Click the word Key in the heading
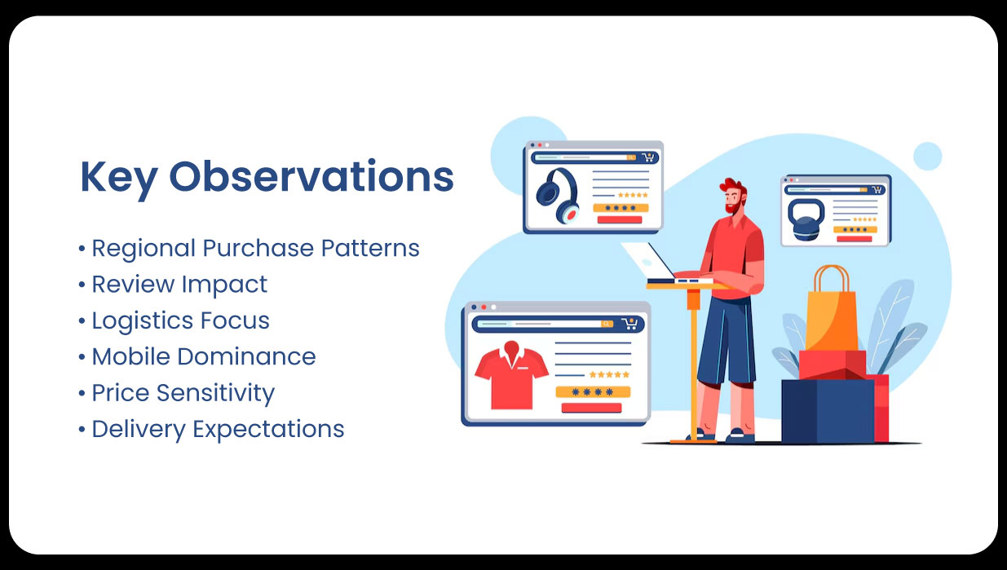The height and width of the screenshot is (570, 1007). click(x=118, y=178)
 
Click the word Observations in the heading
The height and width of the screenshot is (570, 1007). click(x=311, y=176)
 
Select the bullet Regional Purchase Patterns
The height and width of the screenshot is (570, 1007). click(x=254, y=248)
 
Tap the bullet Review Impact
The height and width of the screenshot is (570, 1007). click(x=179, y=284)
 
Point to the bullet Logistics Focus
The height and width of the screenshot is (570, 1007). click(x=179, y=320)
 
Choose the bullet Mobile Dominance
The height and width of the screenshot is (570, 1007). click(x=203, y=356)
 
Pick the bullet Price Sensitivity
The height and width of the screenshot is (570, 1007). click(x=183, y=392)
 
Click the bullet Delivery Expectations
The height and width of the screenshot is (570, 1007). click(x=217, y=429)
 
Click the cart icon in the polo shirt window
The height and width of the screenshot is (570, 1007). click(x=629, y=324)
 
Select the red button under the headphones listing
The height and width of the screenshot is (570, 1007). click(x=621, y=219)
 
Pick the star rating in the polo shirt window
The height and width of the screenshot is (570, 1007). click(x=609, y=374)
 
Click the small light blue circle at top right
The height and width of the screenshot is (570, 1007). click(x=927, y=156)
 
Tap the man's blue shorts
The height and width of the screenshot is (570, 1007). click(x=727, y=334)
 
